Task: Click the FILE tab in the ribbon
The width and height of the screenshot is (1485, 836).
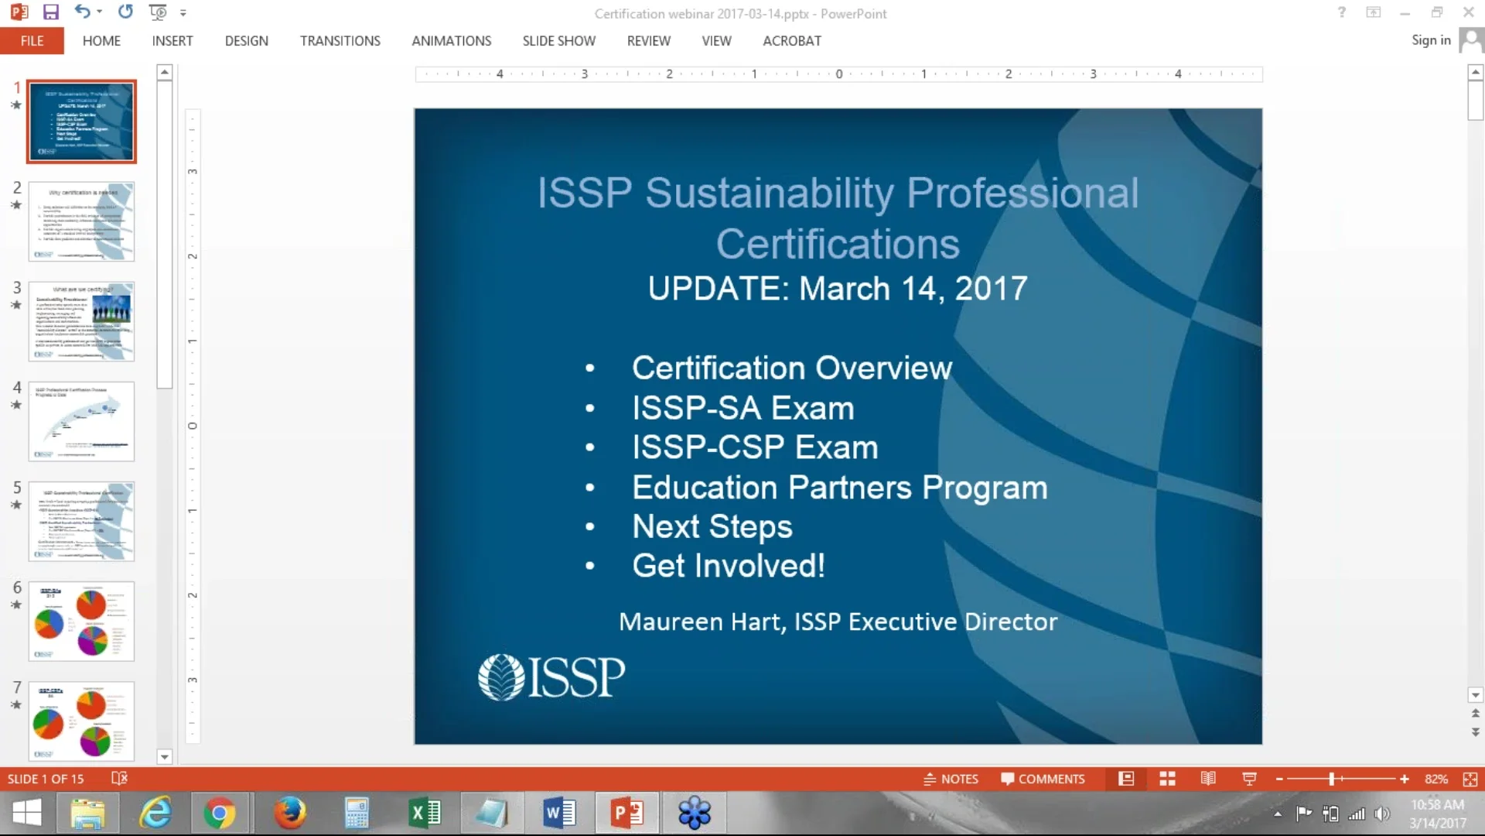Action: (x=32, y=41)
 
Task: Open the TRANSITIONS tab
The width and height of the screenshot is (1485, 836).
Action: (x=340, y=41)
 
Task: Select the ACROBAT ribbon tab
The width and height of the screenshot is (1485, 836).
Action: (x=791, y=41)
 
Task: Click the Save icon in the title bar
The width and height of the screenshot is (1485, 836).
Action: (x=51, y=12)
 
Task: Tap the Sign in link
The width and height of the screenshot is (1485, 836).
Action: (x=1430, y=40)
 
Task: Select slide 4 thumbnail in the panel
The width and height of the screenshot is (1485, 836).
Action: (x=81, y=421)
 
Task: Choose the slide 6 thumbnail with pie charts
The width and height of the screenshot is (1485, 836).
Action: (x=81, y=621)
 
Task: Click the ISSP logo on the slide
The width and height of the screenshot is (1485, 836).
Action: (x=551, y=677)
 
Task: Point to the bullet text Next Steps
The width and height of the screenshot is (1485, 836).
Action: (x=712, y=527)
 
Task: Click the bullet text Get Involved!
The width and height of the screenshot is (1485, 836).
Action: (x=728, y=567)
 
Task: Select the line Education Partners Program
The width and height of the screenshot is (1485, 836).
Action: (x=839, y=488)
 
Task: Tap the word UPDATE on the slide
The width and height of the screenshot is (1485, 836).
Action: (x=716, y=289)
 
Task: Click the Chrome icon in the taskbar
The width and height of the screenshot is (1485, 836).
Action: (x=220, y=814)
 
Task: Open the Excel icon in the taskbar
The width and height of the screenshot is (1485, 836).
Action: (x=425, y=814)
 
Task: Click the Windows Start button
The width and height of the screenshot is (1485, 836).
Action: (x=27, y=814)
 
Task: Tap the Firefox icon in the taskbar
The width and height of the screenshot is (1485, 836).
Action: (x=290, y=814)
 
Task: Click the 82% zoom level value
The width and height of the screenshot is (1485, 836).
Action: (x=1435, y=779)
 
